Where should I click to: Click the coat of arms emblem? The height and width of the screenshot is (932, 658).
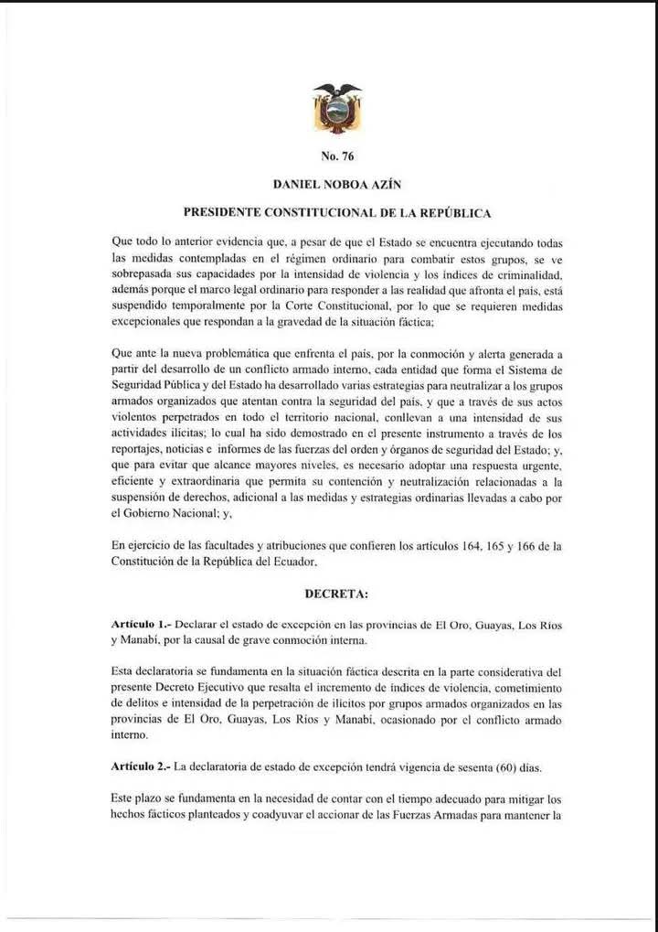click(x=337, y=107)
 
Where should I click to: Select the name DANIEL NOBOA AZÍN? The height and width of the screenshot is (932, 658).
click(x=337, y=184)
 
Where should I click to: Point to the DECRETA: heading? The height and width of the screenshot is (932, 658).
click(x=337, y=594)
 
